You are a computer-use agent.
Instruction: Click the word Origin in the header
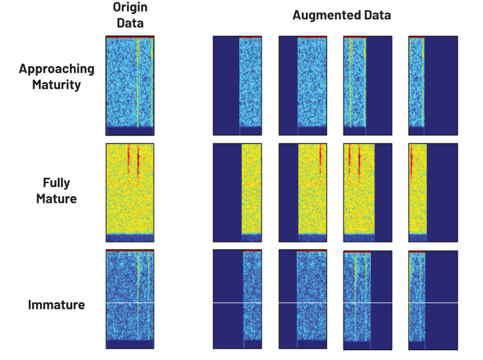point(130,7)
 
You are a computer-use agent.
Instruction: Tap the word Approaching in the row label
point(57,69)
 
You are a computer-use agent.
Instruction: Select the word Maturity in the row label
point(57,85)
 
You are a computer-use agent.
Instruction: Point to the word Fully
point(57,183)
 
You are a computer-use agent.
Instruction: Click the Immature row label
point(57,305)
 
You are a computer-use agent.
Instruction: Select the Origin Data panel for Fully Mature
point(130,193)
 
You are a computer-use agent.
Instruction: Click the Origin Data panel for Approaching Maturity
point(130,86)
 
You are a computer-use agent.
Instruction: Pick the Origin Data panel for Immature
point(130,299)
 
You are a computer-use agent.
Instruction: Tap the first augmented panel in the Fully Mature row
point(238,193)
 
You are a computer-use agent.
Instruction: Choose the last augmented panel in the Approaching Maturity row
point(433,86)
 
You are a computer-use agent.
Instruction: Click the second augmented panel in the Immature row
point(303,299)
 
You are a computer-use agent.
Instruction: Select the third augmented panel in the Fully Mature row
point(368,193)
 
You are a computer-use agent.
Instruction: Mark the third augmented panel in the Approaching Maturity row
point(368,86)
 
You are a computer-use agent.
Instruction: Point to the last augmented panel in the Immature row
point(433,300)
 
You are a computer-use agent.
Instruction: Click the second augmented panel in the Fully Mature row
point(303,193)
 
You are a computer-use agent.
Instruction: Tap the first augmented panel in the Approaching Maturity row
point(238,86)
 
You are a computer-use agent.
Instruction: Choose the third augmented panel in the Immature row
point(368,300)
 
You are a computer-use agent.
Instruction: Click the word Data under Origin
point(130,23)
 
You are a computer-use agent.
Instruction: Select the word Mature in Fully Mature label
point(57,199)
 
